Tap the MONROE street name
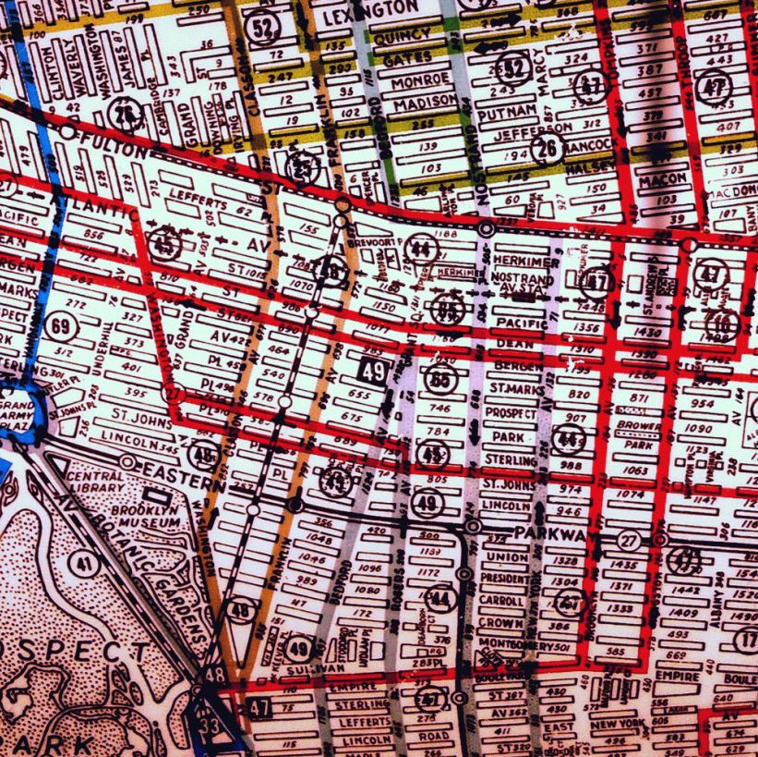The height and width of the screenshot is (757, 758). point(420,79)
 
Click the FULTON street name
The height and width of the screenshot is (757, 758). point(109,148)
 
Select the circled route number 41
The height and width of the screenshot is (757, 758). point(85,563)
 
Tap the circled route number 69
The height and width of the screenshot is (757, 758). point(64,328)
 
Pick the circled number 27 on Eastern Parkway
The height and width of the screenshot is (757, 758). point(630,540)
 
